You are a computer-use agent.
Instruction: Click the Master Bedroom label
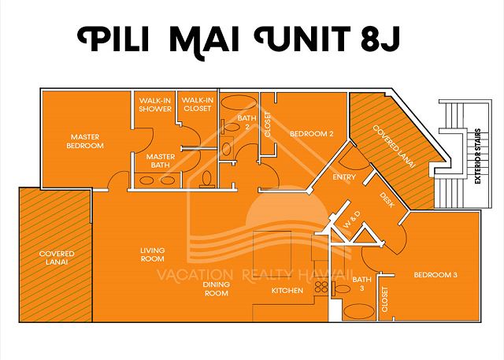(85, 141)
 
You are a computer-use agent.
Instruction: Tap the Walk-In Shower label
(155, 105)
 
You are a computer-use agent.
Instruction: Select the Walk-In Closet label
(198, 104)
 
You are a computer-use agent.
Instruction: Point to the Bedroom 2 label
(312, 134)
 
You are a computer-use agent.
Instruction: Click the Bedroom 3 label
(435, 275)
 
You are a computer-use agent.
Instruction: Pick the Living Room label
(152, 254)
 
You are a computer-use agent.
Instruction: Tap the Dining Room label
(217, 288)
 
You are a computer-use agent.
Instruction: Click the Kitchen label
(287, 291)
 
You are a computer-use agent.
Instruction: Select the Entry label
(344, 177)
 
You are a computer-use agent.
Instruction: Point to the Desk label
(387, 200)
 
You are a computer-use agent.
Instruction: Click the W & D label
(352, 221)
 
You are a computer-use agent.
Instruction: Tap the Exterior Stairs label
(478, 156)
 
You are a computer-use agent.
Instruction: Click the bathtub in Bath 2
(239, 103)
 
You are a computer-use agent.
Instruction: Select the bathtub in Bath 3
(359, 311)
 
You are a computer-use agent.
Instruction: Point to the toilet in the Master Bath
(206, 179)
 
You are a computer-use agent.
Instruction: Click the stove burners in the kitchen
(321, 287)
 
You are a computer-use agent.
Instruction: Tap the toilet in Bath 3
(341, 288)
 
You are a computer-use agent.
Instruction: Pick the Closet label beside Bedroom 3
(385, 299)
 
